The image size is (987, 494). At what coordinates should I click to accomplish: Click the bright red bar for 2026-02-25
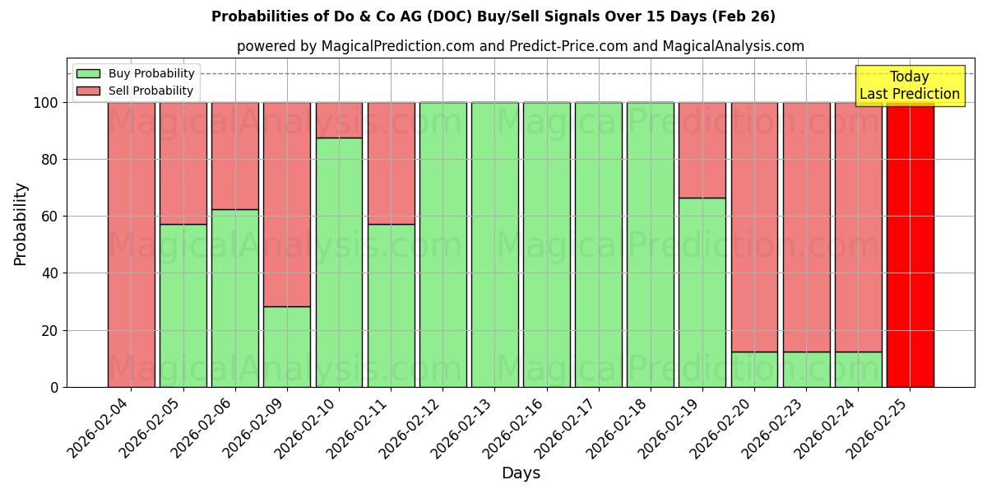(x=910, y=245)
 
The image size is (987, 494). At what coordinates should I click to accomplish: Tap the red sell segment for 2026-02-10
(x=339, y=119)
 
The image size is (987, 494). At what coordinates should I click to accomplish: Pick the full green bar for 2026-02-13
(x=494, y=245)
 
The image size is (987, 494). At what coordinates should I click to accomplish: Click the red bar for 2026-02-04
(x=132, y=245)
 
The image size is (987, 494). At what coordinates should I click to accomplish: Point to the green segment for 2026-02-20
(x=754, y=369)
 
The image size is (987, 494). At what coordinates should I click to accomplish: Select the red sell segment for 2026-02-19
(x=702, y=150)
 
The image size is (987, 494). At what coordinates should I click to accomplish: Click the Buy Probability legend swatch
(x=88, y=73)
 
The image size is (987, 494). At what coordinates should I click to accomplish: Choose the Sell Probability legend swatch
(x=88, y=91)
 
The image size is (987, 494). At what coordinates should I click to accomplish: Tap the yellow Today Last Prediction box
(x=909, y=86)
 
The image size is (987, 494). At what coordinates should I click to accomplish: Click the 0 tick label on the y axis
(x=55, y=387)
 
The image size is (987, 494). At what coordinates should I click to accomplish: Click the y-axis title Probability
(x=21, y=224)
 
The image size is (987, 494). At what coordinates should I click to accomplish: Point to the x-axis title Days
(x=521, y=473)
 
